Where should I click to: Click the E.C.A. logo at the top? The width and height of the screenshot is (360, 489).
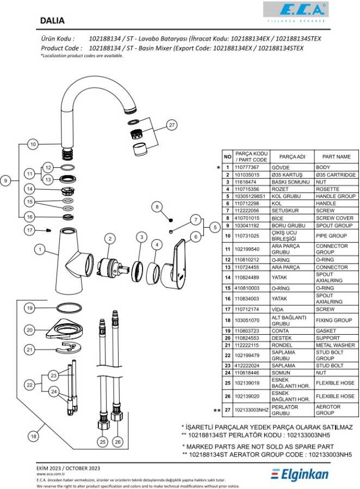(295, 9)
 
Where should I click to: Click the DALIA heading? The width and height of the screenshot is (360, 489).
(52, 21)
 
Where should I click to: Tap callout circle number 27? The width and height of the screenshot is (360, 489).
(172, 125)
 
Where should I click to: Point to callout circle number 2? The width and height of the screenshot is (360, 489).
(110, 239)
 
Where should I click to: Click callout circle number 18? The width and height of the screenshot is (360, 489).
(34, 436)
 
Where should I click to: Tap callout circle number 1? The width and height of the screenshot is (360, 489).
(39, 249)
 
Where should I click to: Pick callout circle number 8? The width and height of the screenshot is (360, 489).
(157, 206)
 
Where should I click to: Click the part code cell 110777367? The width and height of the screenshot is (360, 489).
(251, 168)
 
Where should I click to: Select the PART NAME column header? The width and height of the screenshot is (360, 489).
(336, 156)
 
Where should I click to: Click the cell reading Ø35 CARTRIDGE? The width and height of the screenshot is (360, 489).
(336, 175)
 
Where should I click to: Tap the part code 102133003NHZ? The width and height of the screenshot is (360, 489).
(252, 410)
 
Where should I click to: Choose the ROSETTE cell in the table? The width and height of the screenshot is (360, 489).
(336, 189)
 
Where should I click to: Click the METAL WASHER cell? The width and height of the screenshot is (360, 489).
(336, 346)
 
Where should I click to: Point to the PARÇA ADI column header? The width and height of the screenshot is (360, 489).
(292, 156)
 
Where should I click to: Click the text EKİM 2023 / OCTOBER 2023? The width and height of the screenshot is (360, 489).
(69, 468)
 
